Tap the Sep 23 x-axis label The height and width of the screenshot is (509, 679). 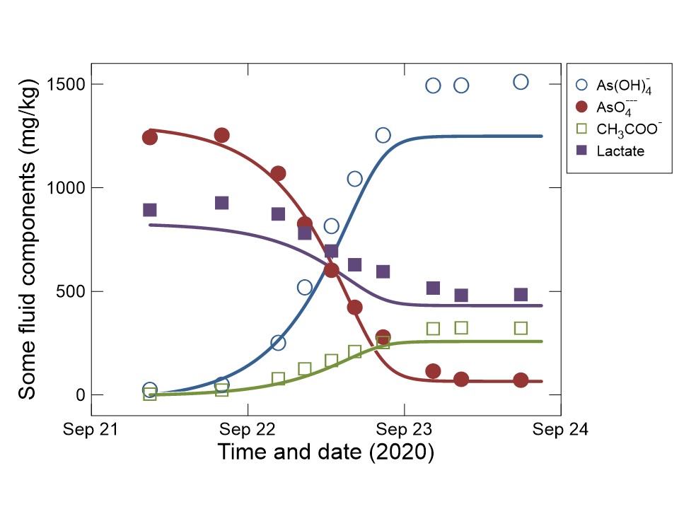pos(405,429)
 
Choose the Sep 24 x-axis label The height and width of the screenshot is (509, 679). pos(561,429)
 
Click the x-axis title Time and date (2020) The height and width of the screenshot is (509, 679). pos(325,451)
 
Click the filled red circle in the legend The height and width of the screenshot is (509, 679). pos(582,107)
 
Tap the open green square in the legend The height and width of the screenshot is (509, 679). pos(582,129)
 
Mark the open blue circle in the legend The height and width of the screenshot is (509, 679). pos(582,84)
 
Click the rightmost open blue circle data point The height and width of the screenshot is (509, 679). pos(521,82)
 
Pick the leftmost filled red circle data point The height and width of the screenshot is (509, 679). pos(150,137)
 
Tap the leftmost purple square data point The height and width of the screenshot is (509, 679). pos(150,210)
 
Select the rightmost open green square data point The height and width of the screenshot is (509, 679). pos(521,328)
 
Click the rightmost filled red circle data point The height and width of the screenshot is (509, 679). pos(521,380)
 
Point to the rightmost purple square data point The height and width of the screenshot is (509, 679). pos(521,294)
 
